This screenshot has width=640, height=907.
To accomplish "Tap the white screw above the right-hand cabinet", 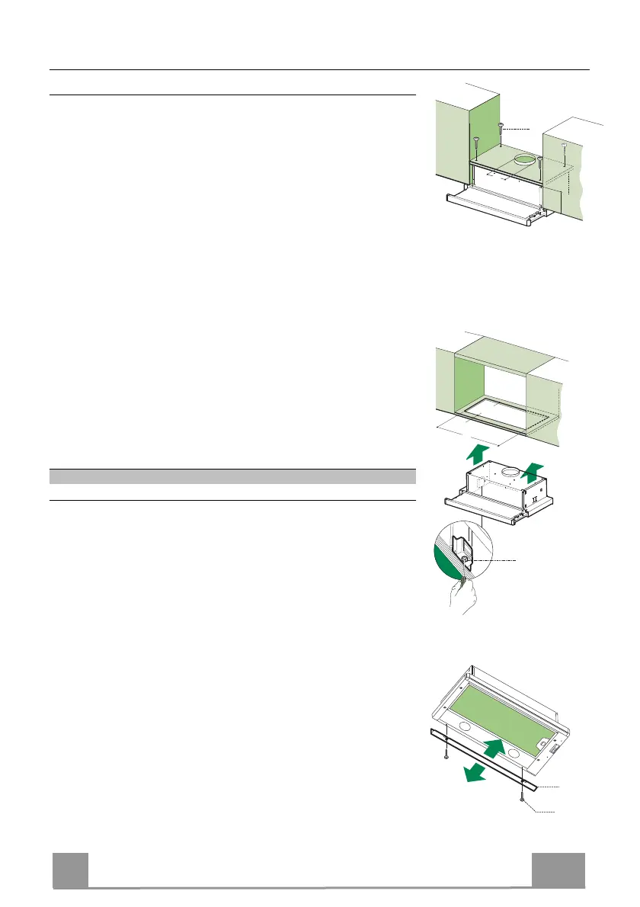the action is [564, 146].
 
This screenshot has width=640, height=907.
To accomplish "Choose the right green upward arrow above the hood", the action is [536, 467].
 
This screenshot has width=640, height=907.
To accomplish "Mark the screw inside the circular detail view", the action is [463, 560].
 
